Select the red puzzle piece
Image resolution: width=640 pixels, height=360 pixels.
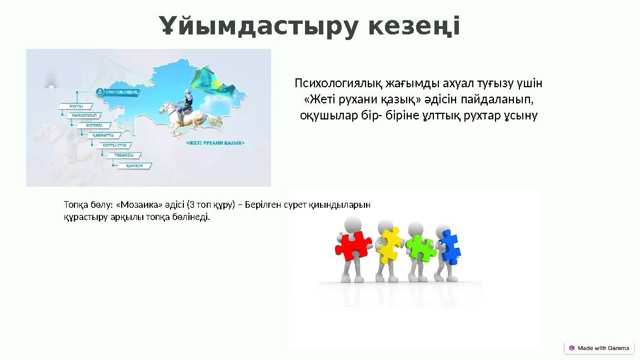pyautogui.click(x=352, y=245)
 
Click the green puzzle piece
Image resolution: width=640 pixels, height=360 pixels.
pyautogui.click(x=421, y=248)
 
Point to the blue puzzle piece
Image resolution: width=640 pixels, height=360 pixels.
pyautogui.click(x=450, y=247)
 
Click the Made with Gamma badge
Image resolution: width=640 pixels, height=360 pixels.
pyautogui.click(x=599, y=348)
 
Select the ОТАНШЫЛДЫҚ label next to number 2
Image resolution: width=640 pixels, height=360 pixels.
pyautogui.click(x=121, y=92)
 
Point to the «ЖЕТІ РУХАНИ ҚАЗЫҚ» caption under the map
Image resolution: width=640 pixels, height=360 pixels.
pyautogui.click(x=215, y=143)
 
